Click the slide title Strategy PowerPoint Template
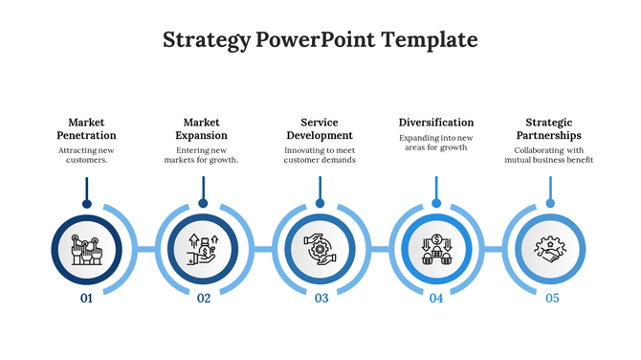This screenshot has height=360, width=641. (x=320, y=39)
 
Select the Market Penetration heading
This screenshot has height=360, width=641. (x=86, y=128)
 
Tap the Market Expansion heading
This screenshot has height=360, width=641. (x=202, y=128)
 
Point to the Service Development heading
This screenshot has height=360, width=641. (x=320, y=128)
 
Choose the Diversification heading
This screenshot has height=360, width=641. (x=436, y=123)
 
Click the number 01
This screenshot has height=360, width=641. (x=86, y=299)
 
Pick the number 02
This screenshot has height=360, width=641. (x=204, y=299)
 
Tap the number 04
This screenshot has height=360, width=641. (x=436, y=299)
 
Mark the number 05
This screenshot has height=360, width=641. (x=553, y=299)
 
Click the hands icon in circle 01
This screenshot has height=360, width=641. (x=86, y=249)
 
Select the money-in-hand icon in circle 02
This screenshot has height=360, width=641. (x=203, y=249)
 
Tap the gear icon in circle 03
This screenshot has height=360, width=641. (x=320, y=249)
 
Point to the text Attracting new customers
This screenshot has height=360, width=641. (x=86, y=155)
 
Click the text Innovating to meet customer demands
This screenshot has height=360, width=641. (x=320, y=155)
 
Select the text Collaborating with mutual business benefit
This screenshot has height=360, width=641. (x=549, y=155)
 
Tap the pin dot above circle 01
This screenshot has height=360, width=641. (x=86, y=204)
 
